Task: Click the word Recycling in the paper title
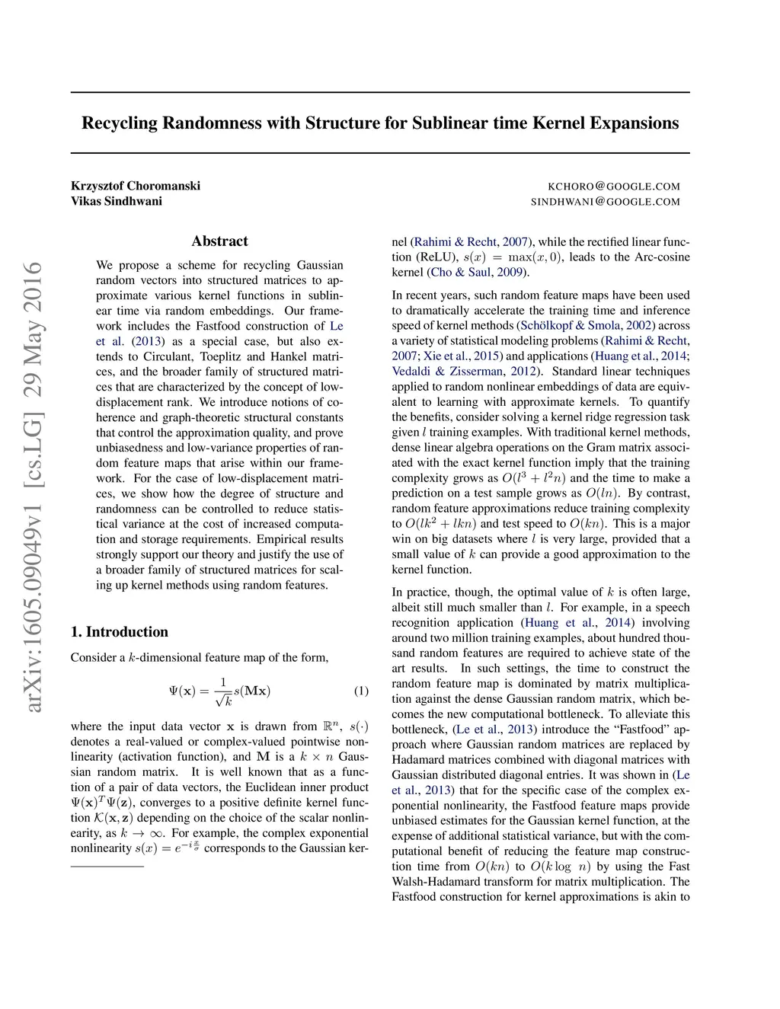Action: [x=120, y=123]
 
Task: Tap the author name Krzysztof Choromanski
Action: [x=136, y=186]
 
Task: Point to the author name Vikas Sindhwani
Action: [x=117, y=201]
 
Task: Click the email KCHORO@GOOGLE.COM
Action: [x=614, y=187]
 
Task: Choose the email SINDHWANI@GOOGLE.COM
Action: [x=605, y=202]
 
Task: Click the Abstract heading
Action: [x=219, y=241]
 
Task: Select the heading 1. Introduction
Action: [x=119, y=632]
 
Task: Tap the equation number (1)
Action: [x=361, y=691]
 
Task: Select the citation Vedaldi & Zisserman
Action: [x=448, y=372]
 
